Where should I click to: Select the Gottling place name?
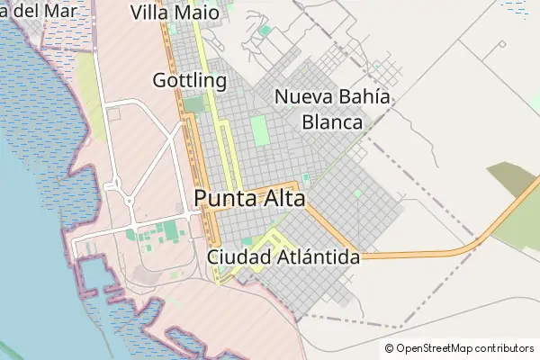[189, 80]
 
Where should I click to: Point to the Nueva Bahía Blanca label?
[332, 109]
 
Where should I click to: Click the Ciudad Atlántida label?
[284, 257]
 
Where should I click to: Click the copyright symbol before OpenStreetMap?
[390, 348]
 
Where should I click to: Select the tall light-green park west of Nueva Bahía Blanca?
[259, 131]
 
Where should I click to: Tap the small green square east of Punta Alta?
[357, 193]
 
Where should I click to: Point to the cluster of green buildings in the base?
[162, 234]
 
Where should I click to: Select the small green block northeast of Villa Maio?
[265, 31]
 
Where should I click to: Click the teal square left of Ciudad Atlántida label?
[246, 242]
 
